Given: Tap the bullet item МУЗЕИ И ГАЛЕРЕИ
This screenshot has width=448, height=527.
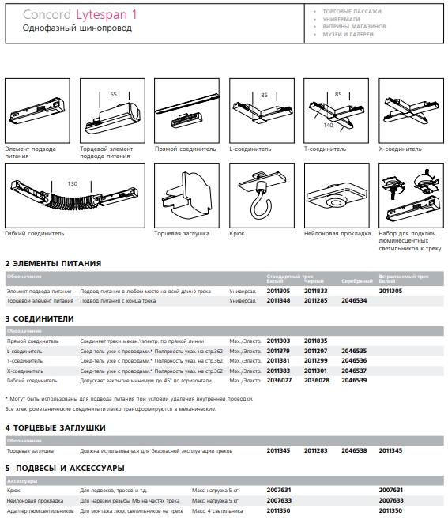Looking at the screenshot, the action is [x=348, y=34].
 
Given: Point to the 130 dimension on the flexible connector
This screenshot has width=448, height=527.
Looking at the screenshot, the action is [x=72, y=183].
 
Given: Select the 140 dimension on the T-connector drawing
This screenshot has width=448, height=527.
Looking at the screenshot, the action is [x=329, y=125].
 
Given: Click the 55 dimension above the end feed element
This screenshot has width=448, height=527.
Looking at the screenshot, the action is [x=114, y=95].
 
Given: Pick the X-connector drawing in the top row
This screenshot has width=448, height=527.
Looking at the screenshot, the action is [x=411, y=111].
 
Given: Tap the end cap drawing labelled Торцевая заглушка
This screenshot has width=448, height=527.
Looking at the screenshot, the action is [x=186, y=196].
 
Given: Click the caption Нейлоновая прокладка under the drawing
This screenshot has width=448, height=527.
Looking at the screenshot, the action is [x=337, y=233].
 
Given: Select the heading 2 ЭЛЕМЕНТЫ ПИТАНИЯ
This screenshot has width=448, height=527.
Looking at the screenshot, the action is [x=53, y=264].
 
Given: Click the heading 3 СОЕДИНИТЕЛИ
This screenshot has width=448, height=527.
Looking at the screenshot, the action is [x=40, y=318].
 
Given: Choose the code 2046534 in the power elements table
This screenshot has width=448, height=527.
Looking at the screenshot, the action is [x=354, y=300].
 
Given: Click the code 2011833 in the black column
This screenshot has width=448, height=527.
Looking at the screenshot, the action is [x=315, y=291].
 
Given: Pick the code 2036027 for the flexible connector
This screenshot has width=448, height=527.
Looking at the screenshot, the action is [x=279, y=381].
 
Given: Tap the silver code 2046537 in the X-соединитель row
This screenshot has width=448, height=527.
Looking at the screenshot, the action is [x=354, y=371].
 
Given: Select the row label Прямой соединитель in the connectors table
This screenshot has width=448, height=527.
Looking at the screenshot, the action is [x=32, y=341].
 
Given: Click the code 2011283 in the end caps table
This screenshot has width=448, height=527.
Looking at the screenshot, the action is [x=315, y=450].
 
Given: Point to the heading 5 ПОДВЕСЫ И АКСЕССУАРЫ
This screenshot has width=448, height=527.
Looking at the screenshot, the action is [x=65, y=469].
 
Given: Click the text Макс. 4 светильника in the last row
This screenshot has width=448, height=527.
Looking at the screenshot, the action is [x=217, y=511].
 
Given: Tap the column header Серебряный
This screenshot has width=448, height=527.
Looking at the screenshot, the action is [x=357, y=281].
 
